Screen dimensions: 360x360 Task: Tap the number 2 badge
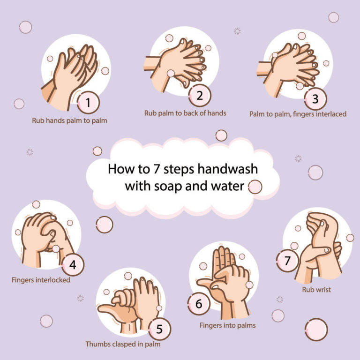(x=200, y=96)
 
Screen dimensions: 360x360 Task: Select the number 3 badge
(x=315, y=99)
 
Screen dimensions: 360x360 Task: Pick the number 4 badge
(x=73, y=265)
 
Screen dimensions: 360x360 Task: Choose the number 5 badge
(x=159, y=330)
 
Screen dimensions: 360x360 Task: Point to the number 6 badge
(x=199, y=304)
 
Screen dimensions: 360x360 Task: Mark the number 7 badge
(x=287, y=261)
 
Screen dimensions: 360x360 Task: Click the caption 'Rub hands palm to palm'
(x=69, y=120)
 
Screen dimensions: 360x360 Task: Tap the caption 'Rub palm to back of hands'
(x=185, y=113)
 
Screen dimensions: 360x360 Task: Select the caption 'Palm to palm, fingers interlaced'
(x=298, y=114)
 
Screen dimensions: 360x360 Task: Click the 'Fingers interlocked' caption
(x=41, y=280)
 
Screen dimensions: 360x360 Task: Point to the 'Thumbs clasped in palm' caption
(x=123, y=344)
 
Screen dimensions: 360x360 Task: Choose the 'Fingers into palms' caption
(x=227, y=325)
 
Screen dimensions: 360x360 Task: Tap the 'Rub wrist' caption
(x=316, y=290)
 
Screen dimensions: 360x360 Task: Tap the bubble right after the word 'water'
(x=255, y=187)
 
